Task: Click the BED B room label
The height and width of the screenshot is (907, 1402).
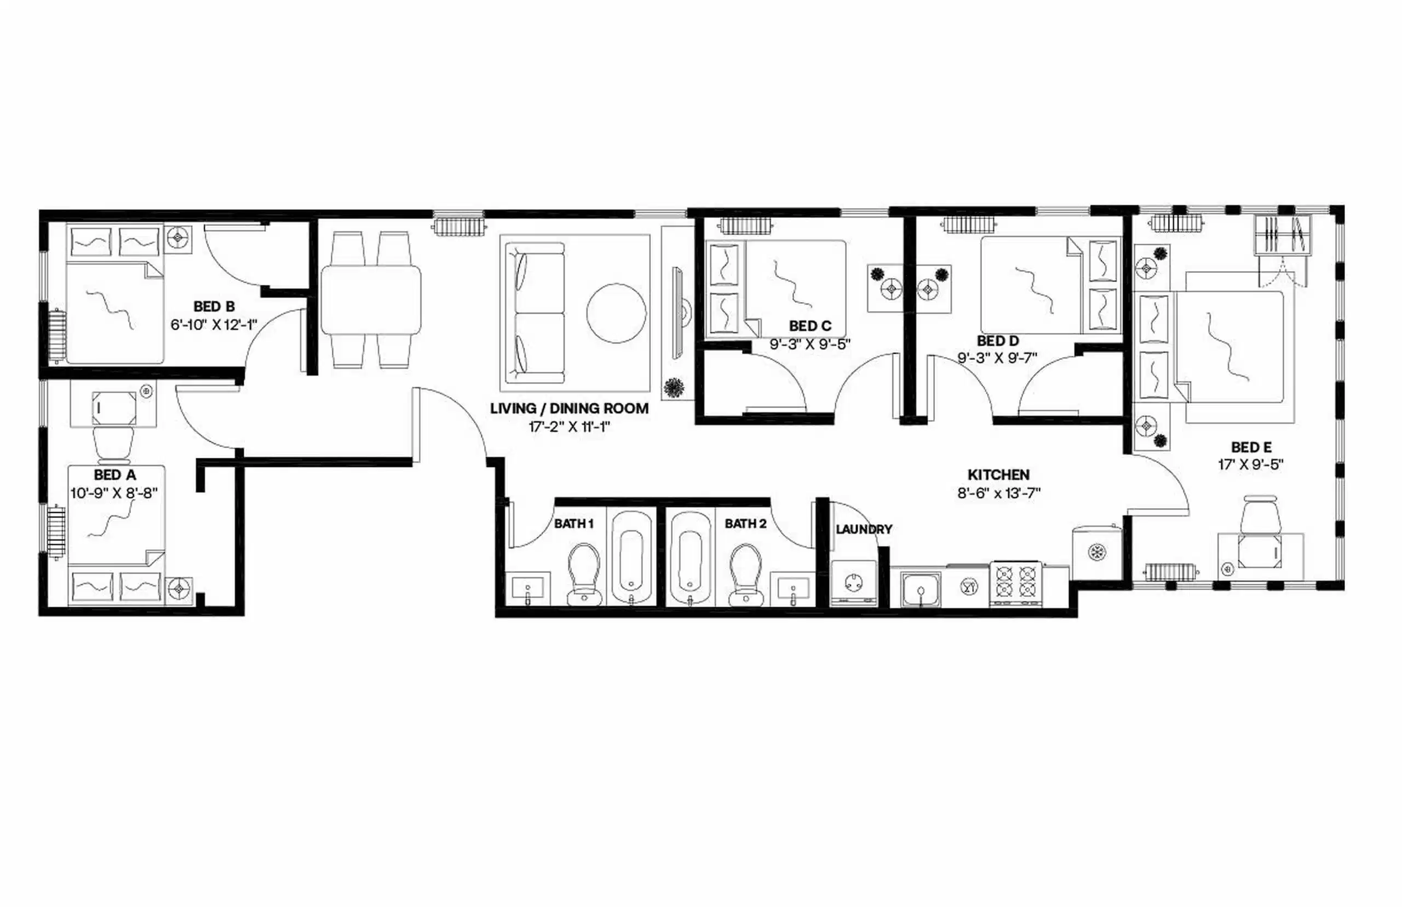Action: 214,306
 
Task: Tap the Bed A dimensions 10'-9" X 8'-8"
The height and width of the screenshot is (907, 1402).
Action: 114,493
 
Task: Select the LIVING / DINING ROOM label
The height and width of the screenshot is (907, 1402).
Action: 570,408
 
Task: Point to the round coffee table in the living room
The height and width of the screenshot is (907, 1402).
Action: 616,313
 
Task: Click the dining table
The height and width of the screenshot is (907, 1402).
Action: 371,300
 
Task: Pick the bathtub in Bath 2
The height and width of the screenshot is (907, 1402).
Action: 689,556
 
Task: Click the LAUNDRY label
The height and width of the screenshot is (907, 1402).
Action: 864,530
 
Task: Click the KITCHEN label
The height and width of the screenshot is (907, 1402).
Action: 999,475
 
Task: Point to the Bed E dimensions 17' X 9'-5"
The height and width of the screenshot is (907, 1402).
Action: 1251,464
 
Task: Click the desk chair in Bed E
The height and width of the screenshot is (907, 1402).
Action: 1260,516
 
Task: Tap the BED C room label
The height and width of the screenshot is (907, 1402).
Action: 810,326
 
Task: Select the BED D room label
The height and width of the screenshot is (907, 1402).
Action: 997,341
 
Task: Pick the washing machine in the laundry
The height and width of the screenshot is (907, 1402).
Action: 853,582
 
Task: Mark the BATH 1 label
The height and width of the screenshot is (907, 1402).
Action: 573,524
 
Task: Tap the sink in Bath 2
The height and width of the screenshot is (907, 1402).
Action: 793,588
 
